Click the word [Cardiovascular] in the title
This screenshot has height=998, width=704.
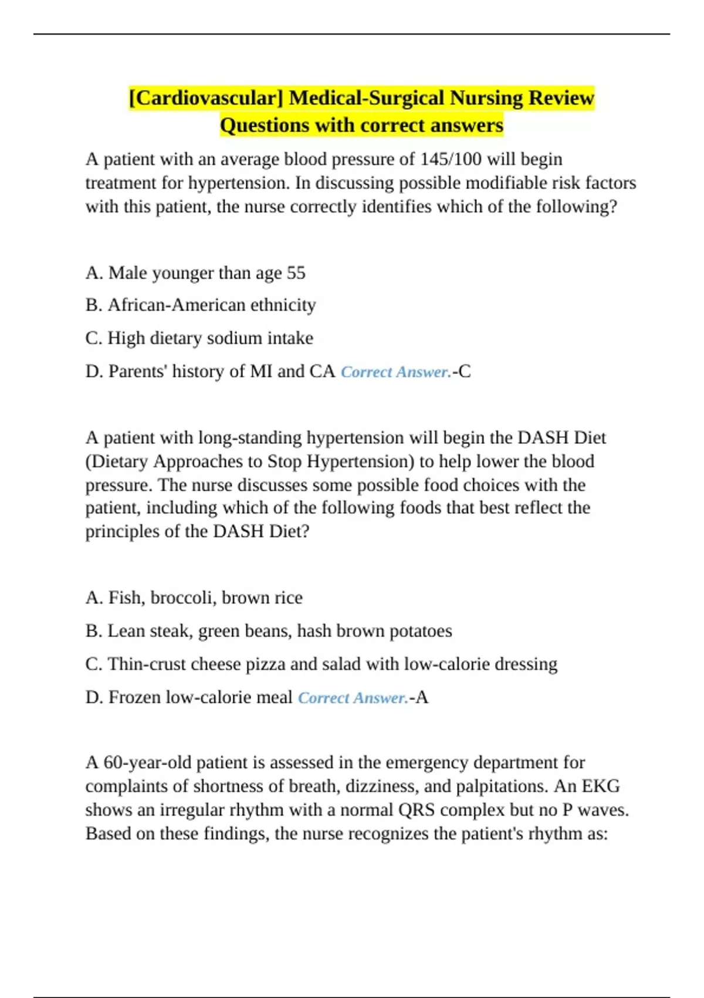click(x=206, y=97)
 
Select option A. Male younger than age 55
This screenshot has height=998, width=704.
click(x=195, y=273)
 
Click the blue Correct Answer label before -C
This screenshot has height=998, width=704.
click(x=395, y=372)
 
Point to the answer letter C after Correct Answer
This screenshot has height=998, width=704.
click(x=465, y=372)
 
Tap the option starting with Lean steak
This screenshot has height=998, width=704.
click(x=268, y=631)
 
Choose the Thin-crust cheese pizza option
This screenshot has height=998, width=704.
click(x=321, y=664)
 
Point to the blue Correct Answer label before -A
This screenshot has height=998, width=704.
click(x=353, y=698)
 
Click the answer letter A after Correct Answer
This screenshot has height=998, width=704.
click(x=422, y=697)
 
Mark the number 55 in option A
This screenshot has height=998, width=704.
click(x=296, y=273)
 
